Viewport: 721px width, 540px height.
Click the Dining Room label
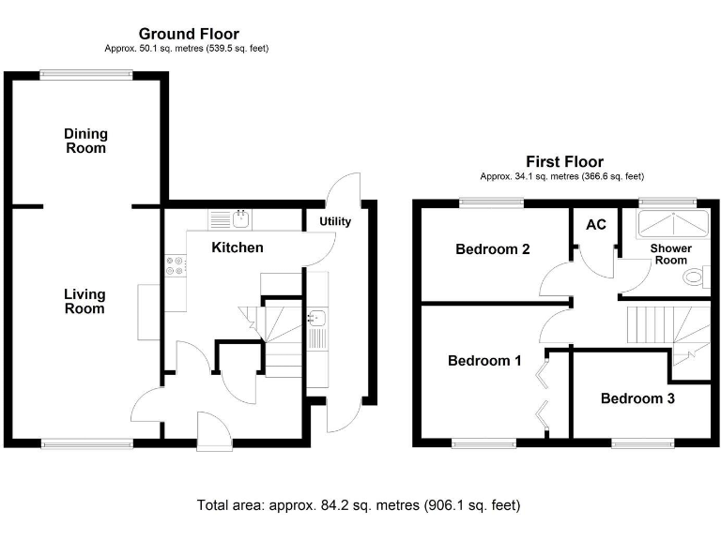[x=85, y=141]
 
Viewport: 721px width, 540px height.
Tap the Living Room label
[x=84, y=301]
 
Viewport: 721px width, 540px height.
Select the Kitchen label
[x=237, y=247]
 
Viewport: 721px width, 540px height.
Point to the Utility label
[x=335, y=222]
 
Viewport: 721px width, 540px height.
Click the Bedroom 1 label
[x=484, y=360]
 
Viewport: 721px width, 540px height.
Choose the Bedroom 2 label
[x=493, y=249]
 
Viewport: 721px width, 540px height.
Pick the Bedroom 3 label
[x=637, y=398]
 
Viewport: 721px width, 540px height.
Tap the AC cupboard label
[x=596, y=226]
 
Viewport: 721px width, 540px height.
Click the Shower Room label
[x=671, y=254]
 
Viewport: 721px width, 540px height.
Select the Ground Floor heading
[x=189, y=35]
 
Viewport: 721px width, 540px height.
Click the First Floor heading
[x=564, y=162]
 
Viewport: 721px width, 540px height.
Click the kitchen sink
[x=240, y=220]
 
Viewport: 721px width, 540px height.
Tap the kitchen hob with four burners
[x=176, y=265]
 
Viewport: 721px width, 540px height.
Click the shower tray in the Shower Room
[x=667, y=225]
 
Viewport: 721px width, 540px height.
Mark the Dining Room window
[x=85, y=76]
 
